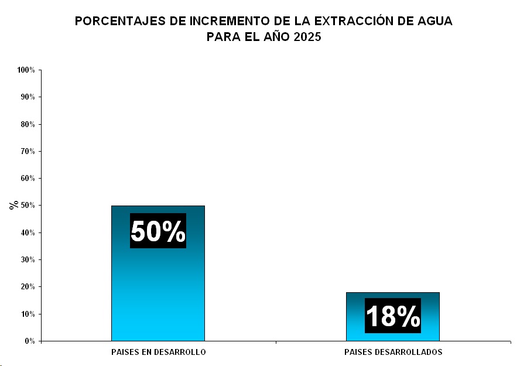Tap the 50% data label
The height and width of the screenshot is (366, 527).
click(158, 231)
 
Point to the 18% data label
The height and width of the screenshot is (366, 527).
click(392, 316)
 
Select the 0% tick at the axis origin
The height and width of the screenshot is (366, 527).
click(30, 341)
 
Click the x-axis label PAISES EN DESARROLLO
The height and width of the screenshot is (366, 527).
click(158, 353)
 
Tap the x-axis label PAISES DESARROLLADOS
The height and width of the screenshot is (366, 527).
click(393, 353)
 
